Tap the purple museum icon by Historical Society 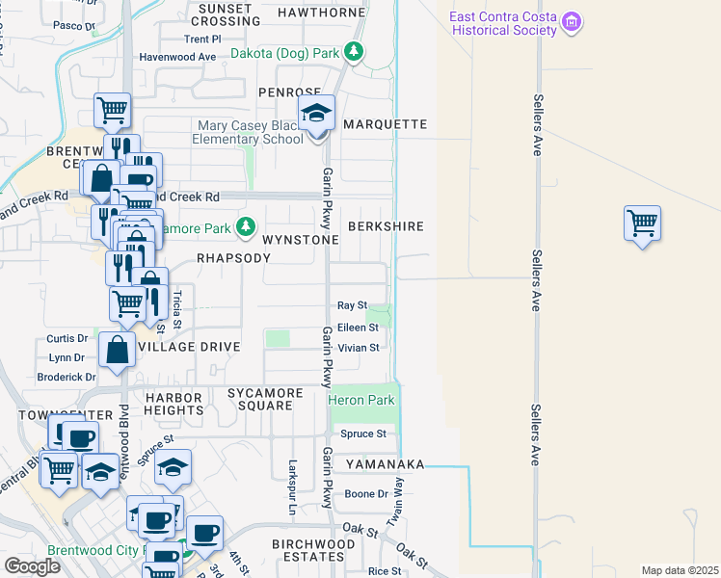(x=573, y=21)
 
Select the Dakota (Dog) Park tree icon (x=355, y=51)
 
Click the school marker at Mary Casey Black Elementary (x=315, y=114)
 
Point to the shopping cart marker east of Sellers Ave (x=642, y=223)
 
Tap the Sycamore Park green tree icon (x=247, y=226)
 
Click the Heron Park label (x=361, y=400)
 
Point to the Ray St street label (x=352, y=305)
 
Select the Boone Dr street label (x=366, y=493)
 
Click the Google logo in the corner (x=32, y=566)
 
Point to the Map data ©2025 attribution (x=680, y=570)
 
